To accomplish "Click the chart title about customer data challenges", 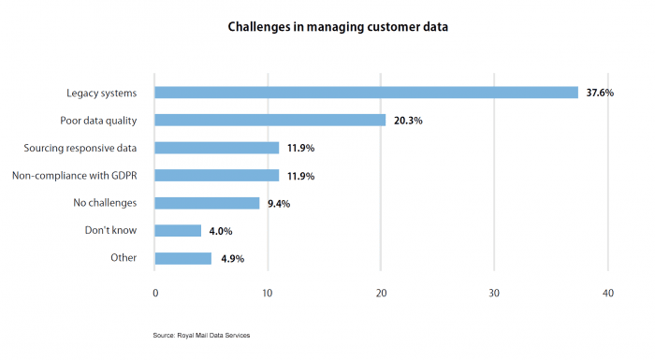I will click(338, 27).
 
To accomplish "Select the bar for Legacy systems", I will click(366, 92).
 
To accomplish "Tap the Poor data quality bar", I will click(269, 120).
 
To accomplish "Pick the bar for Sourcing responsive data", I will click(216, 148).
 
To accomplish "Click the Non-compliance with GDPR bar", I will click(216, 175).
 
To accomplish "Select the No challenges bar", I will click(207, 203).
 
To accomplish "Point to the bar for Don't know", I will click(178, 230).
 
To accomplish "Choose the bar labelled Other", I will click(182, 258).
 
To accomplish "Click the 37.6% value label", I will click(599, 93).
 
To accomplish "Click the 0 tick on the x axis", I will click(154, 293).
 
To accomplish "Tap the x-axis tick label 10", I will click(268, 293).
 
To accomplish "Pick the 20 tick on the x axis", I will click(381, 293).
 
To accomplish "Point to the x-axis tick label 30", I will click(494, 293).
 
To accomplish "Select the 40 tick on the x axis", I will click(608, 293).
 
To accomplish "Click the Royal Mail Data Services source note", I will click(201, 335).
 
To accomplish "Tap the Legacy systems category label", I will click(101, 93).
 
